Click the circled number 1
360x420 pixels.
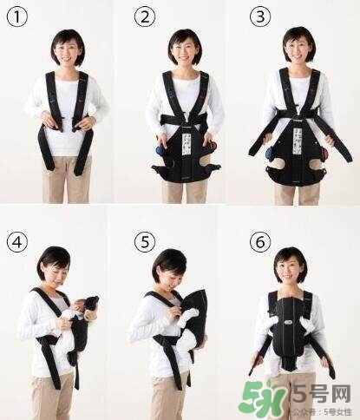(16, 16)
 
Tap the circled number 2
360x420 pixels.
(144, 16)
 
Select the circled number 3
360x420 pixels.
(260, 16)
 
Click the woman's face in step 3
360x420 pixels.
(298, 48)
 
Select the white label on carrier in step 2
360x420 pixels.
(183, 138)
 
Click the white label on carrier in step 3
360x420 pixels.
(295, 138)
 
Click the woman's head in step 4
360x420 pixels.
(55, 265)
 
